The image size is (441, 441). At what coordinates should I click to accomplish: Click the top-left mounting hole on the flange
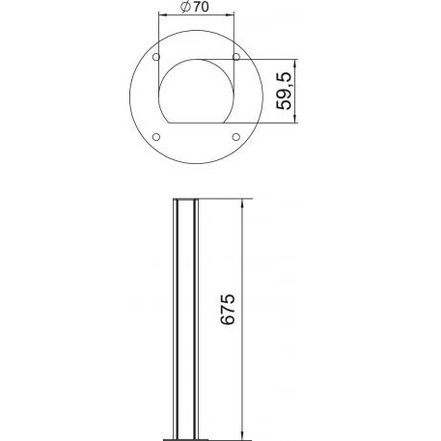(156, 57)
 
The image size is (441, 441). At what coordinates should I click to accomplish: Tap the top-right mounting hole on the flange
(236, 57)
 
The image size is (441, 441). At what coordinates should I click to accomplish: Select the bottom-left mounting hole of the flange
(156, 137)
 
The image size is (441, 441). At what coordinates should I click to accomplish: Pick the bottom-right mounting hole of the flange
(236, 137)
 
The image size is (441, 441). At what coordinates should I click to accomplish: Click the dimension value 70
(201, 7)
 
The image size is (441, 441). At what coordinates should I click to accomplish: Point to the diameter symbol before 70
(186, 7)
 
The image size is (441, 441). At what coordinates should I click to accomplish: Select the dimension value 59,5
(284, 91)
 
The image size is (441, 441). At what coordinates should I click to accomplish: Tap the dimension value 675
(228, 309)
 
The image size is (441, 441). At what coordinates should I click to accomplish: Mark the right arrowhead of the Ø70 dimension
(230, 14)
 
